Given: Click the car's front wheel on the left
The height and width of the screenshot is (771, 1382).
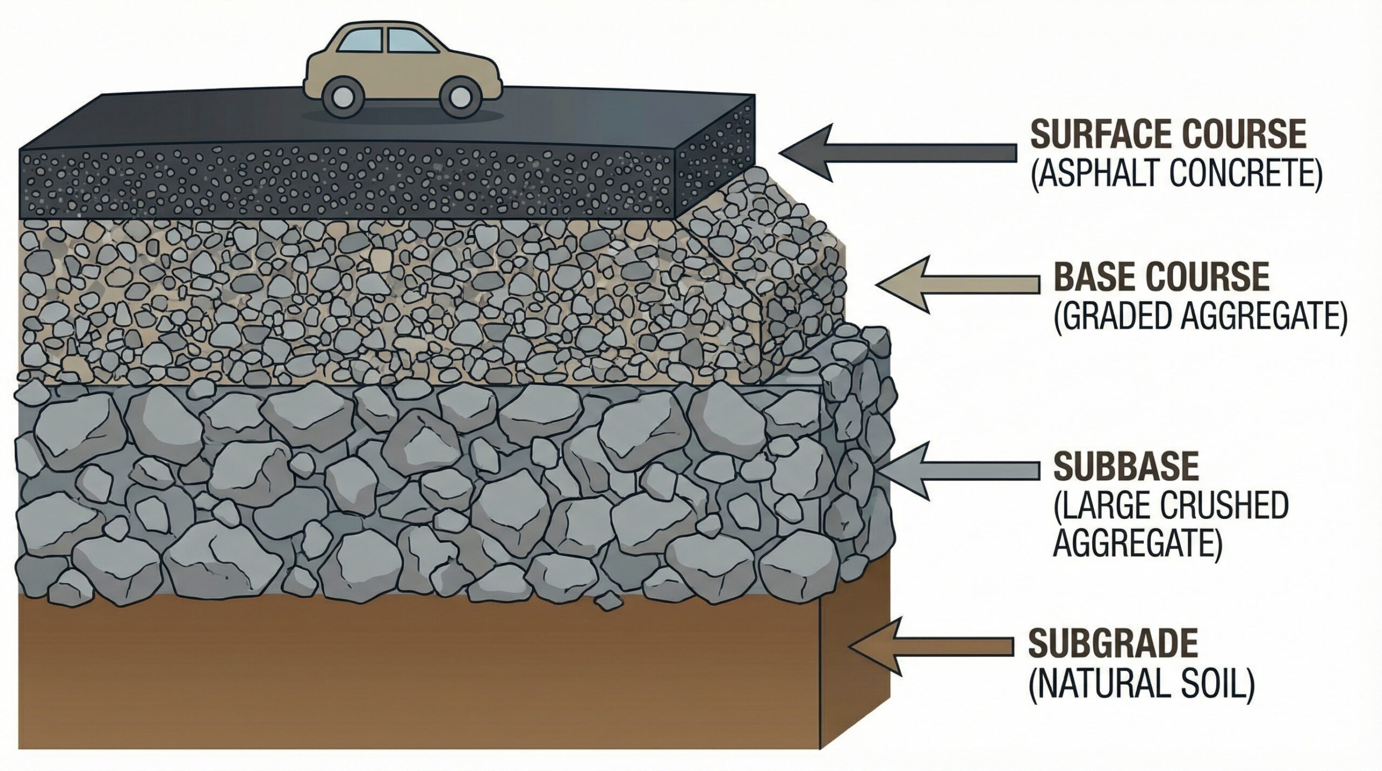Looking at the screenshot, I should [x=342, y=97].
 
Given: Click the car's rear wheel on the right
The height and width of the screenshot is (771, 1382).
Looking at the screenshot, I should [x=460, y=97].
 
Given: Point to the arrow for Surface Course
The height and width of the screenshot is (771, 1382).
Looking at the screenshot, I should [x=896, y=152].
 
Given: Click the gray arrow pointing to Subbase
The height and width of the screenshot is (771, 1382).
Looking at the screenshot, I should [x=964, y=470].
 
